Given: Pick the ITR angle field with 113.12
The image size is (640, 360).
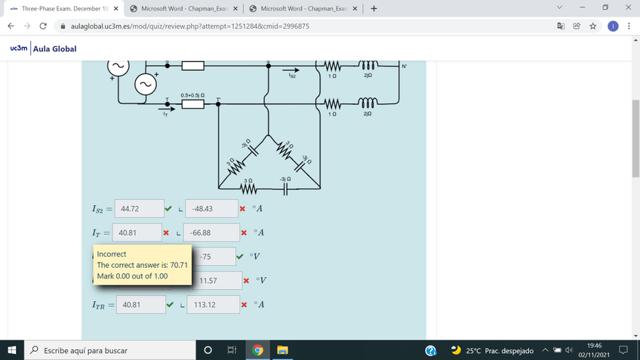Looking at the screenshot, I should tap(213, 305).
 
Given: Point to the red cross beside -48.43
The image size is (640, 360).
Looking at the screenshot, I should tap(242, 208).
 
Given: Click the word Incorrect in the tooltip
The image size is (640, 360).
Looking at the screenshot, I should tap(112, 254).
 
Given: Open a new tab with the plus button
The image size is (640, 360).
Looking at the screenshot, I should tap(374, 9).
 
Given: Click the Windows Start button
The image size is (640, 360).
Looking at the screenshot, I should tap(12, 350).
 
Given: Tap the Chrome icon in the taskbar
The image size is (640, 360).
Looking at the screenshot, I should tap(257, 350).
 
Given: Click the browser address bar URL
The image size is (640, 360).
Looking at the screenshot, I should tap(189, 26).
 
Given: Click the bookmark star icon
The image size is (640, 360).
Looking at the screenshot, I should tap(593, 26).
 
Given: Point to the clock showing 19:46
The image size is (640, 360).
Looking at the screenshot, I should tap(593, 345).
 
